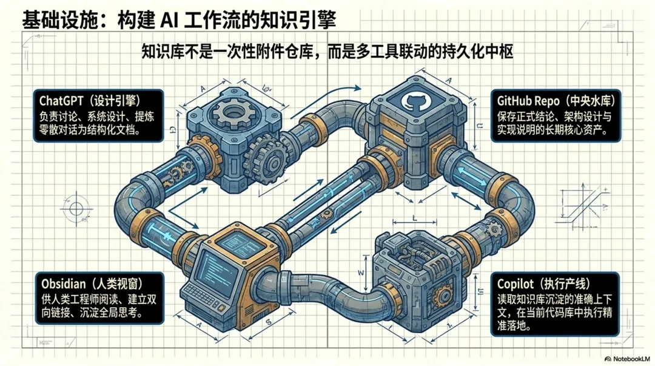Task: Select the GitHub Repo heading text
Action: tap(524, 100)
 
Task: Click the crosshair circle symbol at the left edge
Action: tap(76, 209)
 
